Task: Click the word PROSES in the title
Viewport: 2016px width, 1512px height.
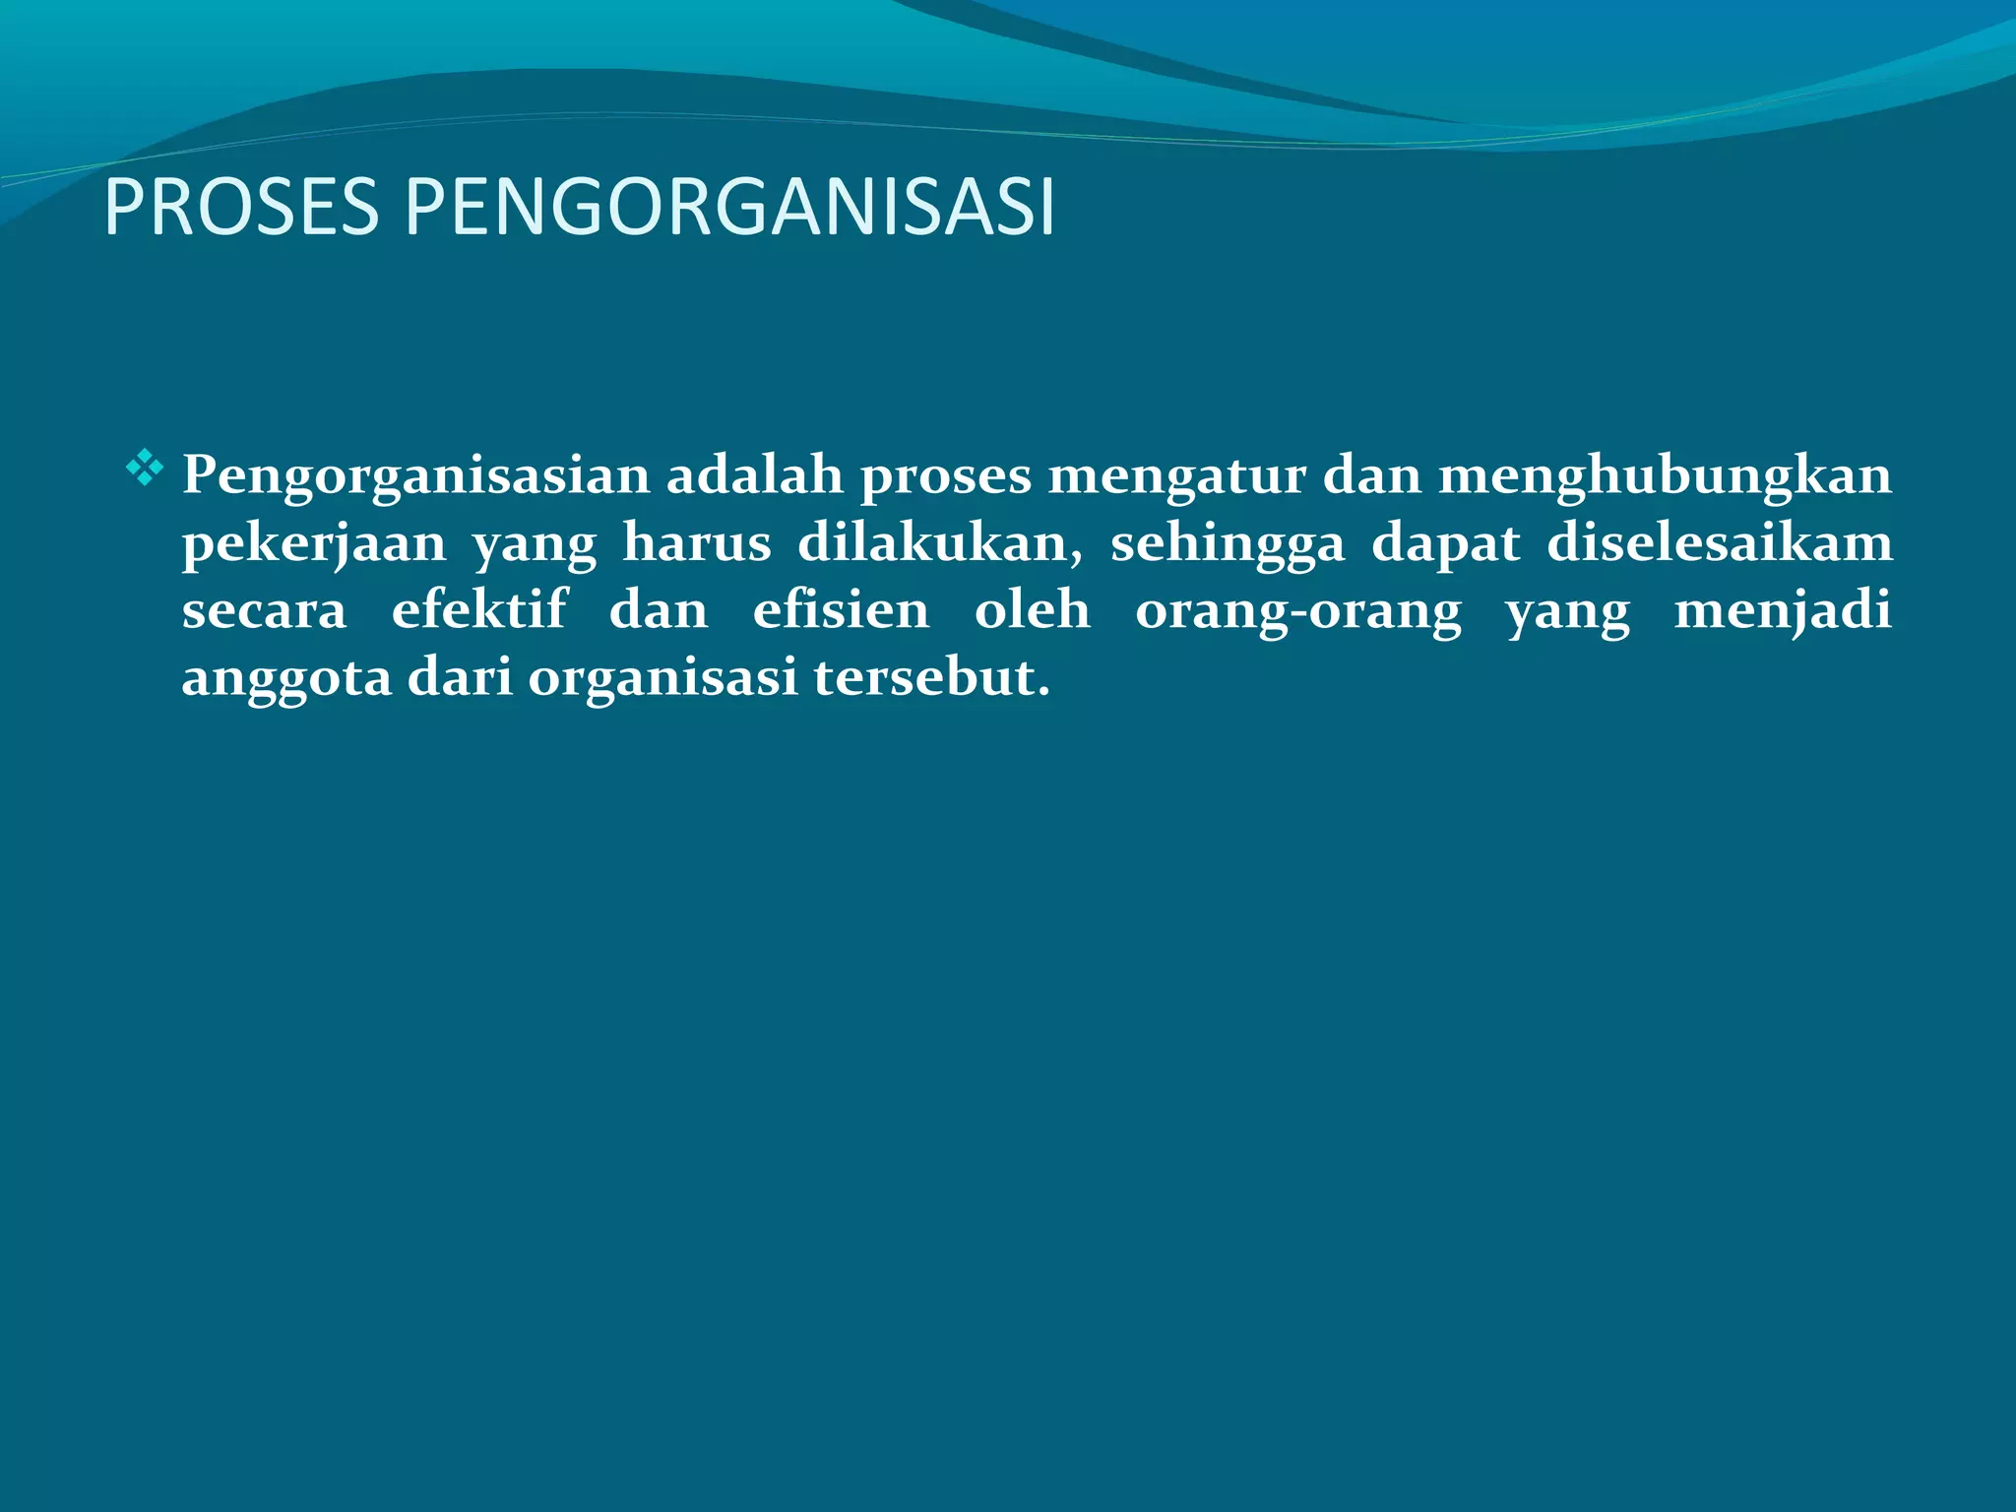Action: click(240, 208)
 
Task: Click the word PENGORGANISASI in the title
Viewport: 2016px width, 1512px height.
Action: click(729, 208)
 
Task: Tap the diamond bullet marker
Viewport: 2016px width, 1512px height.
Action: click(144, 468)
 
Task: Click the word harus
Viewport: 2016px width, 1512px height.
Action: click(696, 543)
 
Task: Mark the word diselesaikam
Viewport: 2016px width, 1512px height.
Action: click(1719, 543)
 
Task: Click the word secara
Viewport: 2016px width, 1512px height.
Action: click(264, 611)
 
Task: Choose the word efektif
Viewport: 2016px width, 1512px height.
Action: click(479, 609)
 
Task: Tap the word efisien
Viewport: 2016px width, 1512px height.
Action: click(841, 609)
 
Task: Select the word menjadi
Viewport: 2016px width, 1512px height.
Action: click(1782, 611)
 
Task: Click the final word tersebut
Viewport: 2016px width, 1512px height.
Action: click(931, 678)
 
